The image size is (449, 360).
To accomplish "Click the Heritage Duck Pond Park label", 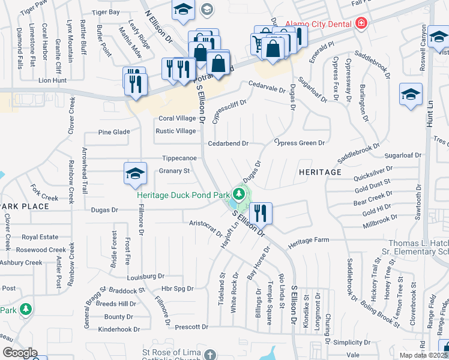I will coord(183,195).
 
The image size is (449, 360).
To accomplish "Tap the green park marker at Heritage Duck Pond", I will coord(240,194).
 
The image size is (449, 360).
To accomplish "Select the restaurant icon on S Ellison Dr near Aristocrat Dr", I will coord(261,212).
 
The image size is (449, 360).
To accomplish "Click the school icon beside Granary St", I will coord(136,174).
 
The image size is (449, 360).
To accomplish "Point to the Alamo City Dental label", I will coord(322,23).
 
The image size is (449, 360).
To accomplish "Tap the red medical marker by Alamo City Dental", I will coord(361,23).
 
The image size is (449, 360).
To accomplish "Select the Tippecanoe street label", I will coord(179,158).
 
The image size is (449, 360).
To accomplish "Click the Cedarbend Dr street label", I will coord(228,143).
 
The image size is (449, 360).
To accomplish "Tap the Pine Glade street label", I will coord(113,132).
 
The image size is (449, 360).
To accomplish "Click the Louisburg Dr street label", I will coord(145,277).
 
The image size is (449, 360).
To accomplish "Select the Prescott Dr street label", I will coord(191,327).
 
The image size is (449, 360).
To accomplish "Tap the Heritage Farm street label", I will coord(309,240).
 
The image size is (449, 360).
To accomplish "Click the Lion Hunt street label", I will coord(52,79).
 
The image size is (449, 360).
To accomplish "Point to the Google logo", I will coord(20,353).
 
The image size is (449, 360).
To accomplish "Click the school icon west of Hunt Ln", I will coord(411,95).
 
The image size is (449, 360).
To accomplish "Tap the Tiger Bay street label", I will coord(106,12).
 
